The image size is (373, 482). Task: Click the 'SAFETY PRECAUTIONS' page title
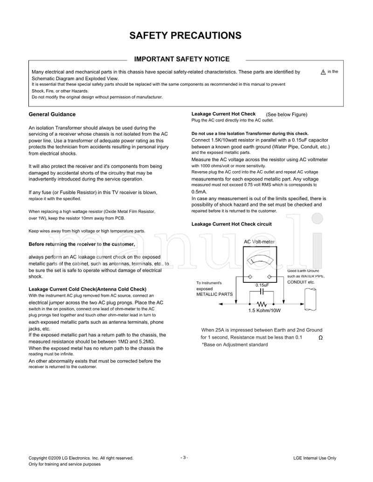(185, 35)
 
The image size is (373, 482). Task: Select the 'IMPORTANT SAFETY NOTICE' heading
(182, 59)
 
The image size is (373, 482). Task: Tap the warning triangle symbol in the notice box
(323, 72)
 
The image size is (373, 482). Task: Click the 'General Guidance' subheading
(52, 114)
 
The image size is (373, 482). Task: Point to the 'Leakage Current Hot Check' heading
(223, 114)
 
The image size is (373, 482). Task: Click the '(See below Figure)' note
(286, 114)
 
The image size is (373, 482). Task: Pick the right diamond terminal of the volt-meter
(269, 276)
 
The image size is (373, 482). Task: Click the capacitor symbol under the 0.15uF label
(261, 291)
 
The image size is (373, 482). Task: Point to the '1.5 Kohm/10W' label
(264, 311)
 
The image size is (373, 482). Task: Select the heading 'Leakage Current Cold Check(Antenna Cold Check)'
(87, 289)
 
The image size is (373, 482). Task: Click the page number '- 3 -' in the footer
(184, 457)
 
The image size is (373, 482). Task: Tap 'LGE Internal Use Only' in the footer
(315, 458)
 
